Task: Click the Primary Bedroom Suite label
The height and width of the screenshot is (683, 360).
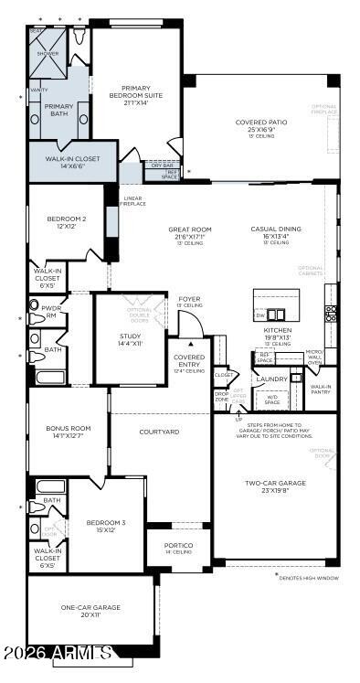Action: pos(135,95)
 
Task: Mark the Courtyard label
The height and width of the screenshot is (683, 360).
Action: pos(159,432)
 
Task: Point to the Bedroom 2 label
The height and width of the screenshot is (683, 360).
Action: pos(67,222)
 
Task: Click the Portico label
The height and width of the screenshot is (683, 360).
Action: pos(178,547)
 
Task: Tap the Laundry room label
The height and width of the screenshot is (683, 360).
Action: pos(271,379)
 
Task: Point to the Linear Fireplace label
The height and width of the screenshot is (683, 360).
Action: pos(133,200)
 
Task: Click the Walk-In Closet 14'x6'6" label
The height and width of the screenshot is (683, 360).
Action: pos(72,163)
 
